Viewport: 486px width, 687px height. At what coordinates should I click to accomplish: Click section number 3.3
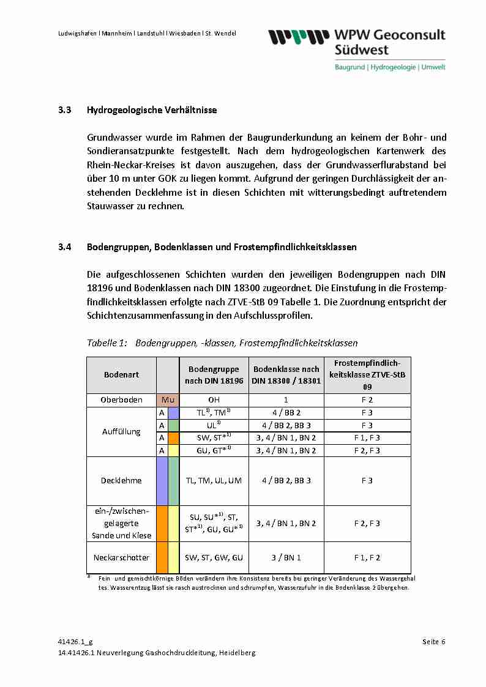click(65, 111)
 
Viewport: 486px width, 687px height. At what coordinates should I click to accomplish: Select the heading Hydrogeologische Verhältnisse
click(152, 111)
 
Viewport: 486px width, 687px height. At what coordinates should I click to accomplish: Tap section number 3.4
click(65, 247)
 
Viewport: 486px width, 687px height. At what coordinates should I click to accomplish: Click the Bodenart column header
click(121, 374)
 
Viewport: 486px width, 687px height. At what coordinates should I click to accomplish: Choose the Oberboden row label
click(121, 400)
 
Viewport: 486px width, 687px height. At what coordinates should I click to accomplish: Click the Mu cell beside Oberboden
click(168, 400)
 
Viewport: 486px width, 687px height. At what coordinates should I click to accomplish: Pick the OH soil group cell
click(214, 400)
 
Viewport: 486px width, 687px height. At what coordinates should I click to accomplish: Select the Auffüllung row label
click(121, 431)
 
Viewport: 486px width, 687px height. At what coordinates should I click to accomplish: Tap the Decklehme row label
click(121, 480)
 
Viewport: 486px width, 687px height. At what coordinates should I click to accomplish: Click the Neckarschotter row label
click(121, 557)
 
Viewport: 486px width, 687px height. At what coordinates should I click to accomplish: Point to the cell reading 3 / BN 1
click(286, 557)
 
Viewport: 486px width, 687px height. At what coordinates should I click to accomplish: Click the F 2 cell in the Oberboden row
click(367, 400)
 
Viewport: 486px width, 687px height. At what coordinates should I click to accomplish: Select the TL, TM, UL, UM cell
click(214, 480)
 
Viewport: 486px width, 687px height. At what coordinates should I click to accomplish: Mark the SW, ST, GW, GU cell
click(214, 557)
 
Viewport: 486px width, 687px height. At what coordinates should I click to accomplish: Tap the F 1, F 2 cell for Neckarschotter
click(367, 557)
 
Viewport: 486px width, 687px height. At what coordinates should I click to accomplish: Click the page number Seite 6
click(433, 642)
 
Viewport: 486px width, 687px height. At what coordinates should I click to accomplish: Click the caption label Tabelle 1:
click(107, 343)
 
